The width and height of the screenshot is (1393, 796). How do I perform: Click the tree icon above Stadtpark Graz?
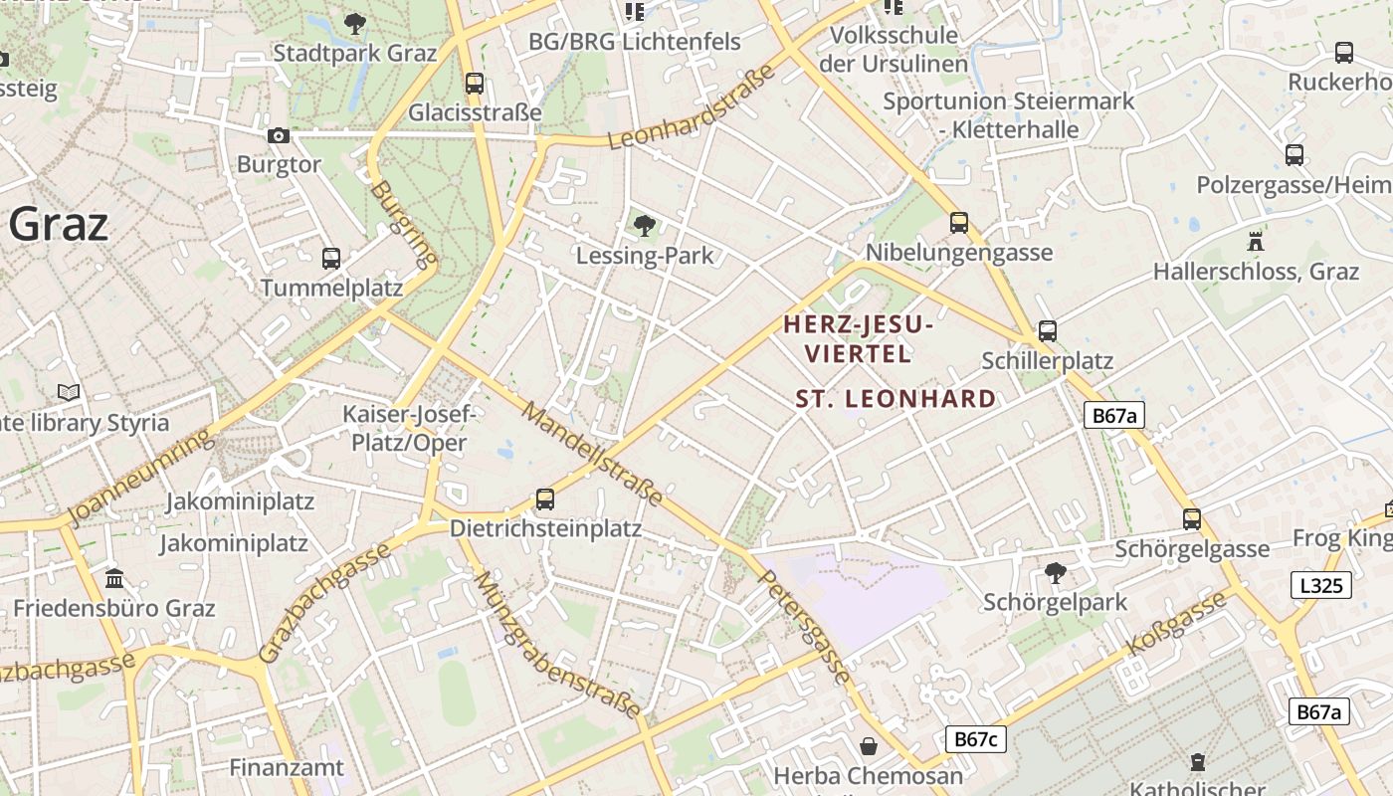point(354,23)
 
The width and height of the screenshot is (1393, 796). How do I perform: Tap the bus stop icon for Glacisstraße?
point(475,83)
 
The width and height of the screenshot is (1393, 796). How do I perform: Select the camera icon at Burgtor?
point(279,135)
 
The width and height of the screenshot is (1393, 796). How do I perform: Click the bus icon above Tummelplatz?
point(331,259)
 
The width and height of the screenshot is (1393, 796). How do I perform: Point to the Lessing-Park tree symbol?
point(645,226)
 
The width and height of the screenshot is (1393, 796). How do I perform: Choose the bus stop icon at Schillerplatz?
point(1047,331)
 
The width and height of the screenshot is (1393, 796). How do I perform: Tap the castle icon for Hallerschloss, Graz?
point(1256,241)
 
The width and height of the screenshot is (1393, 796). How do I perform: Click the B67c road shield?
point(975,738)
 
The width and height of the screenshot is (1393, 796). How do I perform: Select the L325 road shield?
point(1321,585)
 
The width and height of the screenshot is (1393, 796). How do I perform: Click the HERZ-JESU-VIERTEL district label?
point(857,338)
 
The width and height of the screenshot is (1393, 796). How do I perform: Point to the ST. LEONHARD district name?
point(895,399)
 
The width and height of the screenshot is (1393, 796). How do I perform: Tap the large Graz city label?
point(58,225)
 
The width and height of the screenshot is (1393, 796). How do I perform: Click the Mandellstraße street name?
point(593,454)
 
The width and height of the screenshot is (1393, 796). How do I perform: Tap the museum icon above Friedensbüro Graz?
point(114,578)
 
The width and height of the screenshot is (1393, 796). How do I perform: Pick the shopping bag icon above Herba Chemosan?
point(869,746)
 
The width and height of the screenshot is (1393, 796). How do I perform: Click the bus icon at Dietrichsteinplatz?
point(545,498)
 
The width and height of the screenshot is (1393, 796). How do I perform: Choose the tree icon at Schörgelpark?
point(1055,572)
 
